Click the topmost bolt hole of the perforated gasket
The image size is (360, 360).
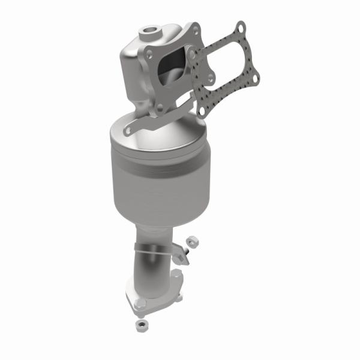[240, 28]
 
